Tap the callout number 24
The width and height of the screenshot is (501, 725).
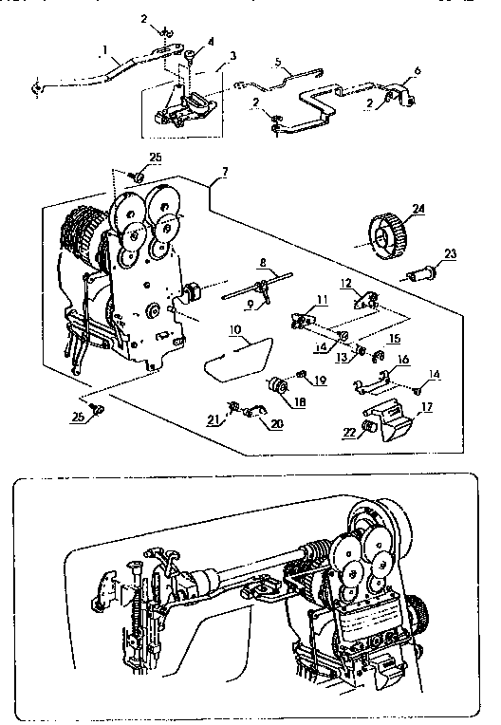tap(418, 208)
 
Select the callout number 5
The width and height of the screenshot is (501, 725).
tap(277, 63)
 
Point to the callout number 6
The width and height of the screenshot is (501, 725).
tap(417, 71)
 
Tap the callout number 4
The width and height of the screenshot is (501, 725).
tap(210, 41)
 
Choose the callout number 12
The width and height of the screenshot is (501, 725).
tap(345, 284)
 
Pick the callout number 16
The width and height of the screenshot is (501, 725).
tap(403, 360)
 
